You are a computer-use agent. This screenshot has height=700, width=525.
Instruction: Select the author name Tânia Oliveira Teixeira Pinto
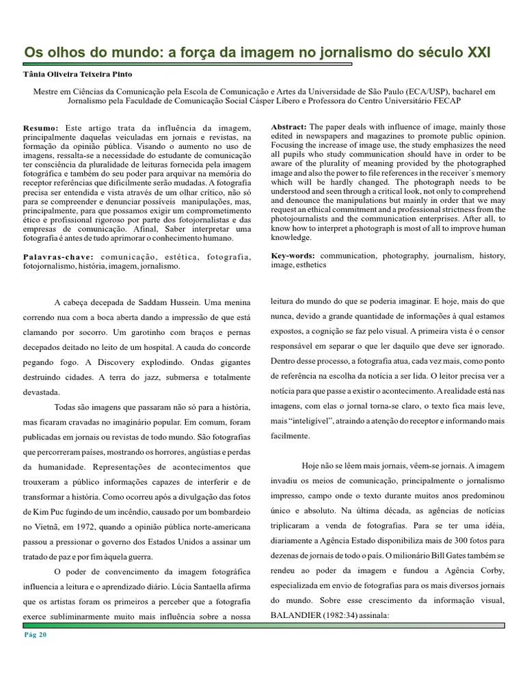(77, 74)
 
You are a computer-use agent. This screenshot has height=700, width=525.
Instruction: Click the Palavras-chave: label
(59, 257)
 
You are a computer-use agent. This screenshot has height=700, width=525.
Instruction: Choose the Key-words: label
(293, 256)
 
